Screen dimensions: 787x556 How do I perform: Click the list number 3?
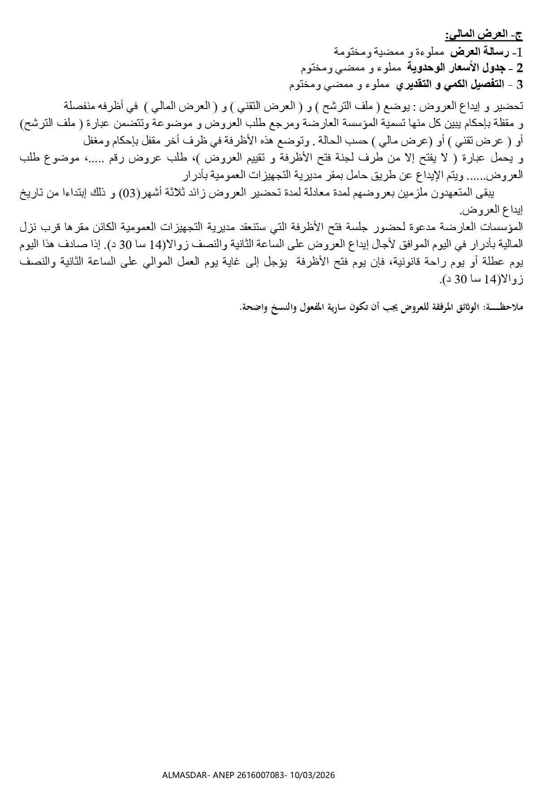point(520,85)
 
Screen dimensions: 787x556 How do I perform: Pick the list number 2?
point(520,68)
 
